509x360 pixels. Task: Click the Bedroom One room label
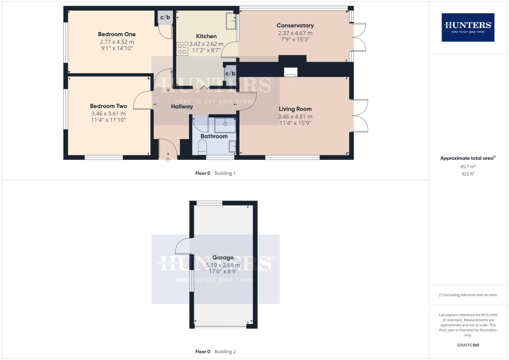pyautogui.click(x=117, y=34)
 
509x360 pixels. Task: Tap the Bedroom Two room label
pyautogui.click(x=108, y=106)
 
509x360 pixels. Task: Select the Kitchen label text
pyautogui.click(x=206, y=36)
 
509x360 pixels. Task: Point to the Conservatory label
pyautogui.click(x=295, y=26)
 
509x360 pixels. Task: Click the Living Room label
pyautogui.click(x=295, y=109)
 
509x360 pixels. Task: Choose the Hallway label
pyautogui.click(x=182, y=107)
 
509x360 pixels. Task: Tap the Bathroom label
pyautogui.click(x=214, y=136)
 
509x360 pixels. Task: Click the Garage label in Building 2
pyautogui.click(x=223, y=258)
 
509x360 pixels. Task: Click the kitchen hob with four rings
pyautogui.click(x=182, y=49)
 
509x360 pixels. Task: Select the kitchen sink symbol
pyautogui.click(x=231, y=21)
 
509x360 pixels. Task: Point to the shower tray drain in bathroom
pyautogui.click(x=225, y=124)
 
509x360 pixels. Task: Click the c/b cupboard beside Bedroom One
pyautogui.click(x=165, y=17)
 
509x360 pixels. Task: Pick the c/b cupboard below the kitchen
pyautogui.click(x=230, y=74)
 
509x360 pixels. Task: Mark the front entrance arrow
pyautogui.click(x=168, y=160)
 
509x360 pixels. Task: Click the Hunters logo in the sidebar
pyautogui.click(x=468, y=27)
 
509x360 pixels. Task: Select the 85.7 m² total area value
pyautogui.click(x=468, y=167)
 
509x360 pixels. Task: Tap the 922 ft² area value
pyautogui.click(x=468, y=174)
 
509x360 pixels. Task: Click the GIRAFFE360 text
pyautogui.click(x=468, y=345)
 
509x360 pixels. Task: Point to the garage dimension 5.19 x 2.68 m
pyautogui.click(x=223, y=265)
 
